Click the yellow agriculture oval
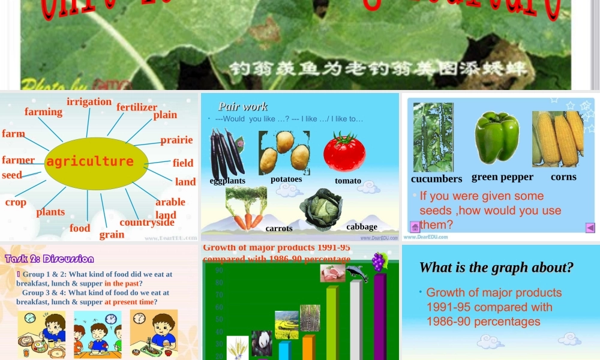(x=96, y=161)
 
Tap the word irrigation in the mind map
(x=89, y=101)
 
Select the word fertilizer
(x=137, y=107)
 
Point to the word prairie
(x=176, y=140)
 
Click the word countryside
(x=146, y=223)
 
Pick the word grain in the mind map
(x=112, y=234)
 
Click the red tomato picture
(x=344, y=152)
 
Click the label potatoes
(x=286, y=179)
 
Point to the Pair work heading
(x=243, y=107)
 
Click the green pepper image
(x=497, y=138)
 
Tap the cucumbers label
(x=436, y=179)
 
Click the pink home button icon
(x=415, y=227)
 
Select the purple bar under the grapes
(x=380, y=315)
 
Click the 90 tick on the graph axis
(x=220, y=270)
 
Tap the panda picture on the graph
(x=262, y=343)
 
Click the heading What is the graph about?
(x=496, y=267)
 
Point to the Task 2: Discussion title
(x=50, y=259)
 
